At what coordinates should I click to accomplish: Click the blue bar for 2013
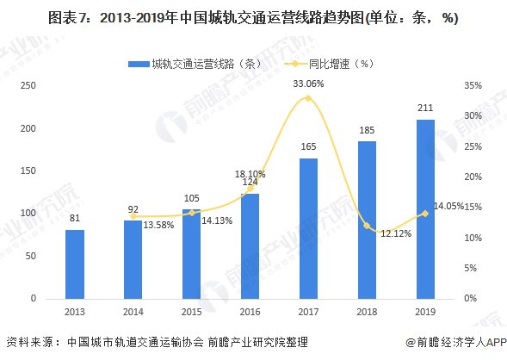[74, 264]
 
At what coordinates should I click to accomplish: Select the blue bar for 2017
[307, 228]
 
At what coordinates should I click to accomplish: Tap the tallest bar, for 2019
[424, 209]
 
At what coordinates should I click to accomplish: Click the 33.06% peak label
[308, 84]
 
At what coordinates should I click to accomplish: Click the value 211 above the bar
[424, 109]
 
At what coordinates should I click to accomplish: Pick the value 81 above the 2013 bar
[74, 220]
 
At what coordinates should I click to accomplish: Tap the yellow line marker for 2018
[366, 226]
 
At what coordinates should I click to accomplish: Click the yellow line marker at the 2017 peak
[307, 97]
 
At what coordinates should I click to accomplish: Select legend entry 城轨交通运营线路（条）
[189, 63]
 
